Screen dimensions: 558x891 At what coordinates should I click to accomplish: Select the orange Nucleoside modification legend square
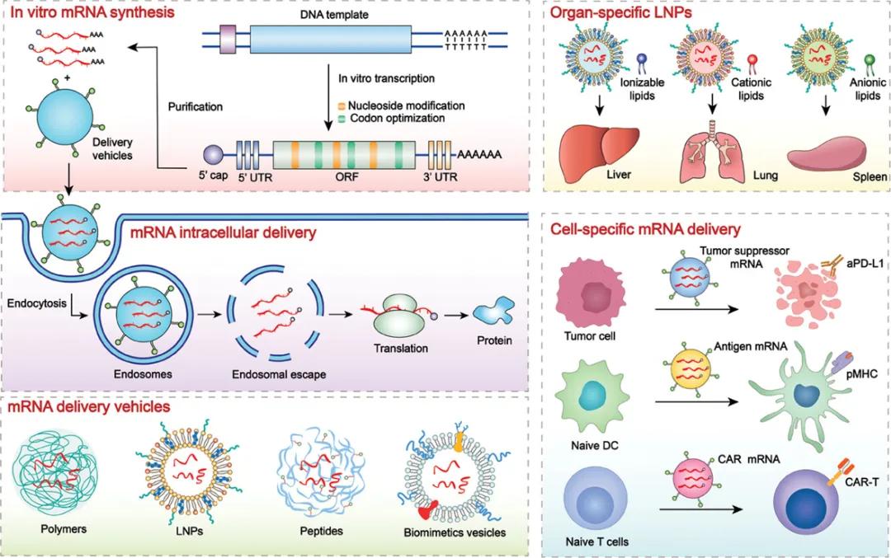coord(342,106)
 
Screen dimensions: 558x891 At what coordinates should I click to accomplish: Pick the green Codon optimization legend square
coord(342,120)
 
